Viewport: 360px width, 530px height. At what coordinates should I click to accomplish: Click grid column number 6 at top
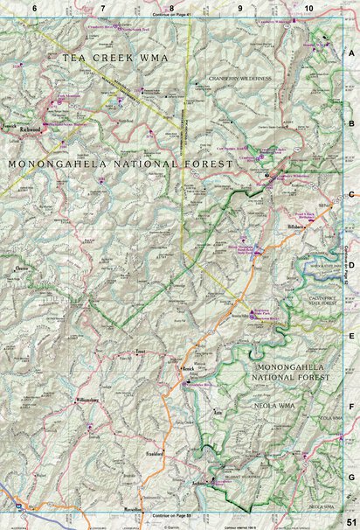coord(34,8)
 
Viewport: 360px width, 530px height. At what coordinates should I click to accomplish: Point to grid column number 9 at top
coord(239,8)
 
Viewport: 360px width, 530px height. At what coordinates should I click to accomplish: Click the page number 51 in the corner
coord(350,522)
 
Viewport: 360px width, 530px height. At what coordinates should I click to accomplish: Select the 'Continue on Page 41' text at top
coord(170,15)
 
